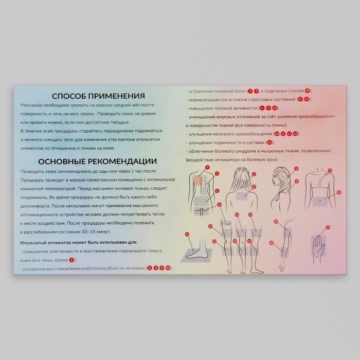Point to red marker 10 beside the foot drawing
tap(187, 234)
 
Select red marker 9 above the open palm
tap(328, 227)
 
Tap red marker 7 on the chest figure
tap(330, 170)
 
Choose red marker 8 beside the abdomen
tap(339, 192)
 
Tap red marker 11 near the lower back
tap(220, 205)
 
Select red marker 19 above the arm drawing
tap(276, 221)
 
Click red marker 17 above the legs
tap(250, 214)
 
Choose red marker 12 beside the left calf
tap(210, 226)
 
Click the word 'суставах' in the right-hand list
tap(254, 142)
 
